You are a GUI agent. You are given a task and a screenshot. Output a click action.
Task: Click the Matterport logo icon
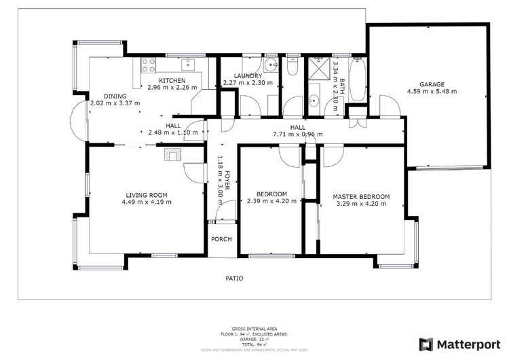pos(426,344)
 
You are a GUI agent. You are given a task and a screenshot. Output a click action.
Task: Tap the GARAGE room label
pos(432,84)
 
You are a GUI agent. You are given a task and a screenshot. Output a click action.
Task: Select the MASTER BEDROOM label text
pos(361,197)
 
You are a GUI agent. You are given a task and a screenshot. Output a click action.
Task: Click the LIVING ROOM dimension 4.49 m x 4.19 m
pos(147,202)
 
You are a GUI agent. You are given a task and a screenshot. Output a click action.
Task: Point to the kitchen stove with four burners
pos(149,65)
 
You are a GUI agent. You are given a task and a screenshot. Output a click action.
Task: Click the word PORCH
pos(221,239)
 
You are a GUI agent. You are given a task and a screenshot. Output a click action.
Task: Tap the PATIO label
pos(235,278)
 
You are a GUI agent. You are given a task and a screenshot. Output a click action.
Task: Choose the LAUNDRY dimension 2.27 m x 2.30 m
pos(248,83)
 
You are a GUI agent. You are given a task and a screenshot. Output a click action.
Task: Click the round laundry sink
pos(270,65)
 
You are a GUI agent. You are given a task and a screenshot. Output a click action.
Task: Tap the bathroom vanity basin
pos(314,103)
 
